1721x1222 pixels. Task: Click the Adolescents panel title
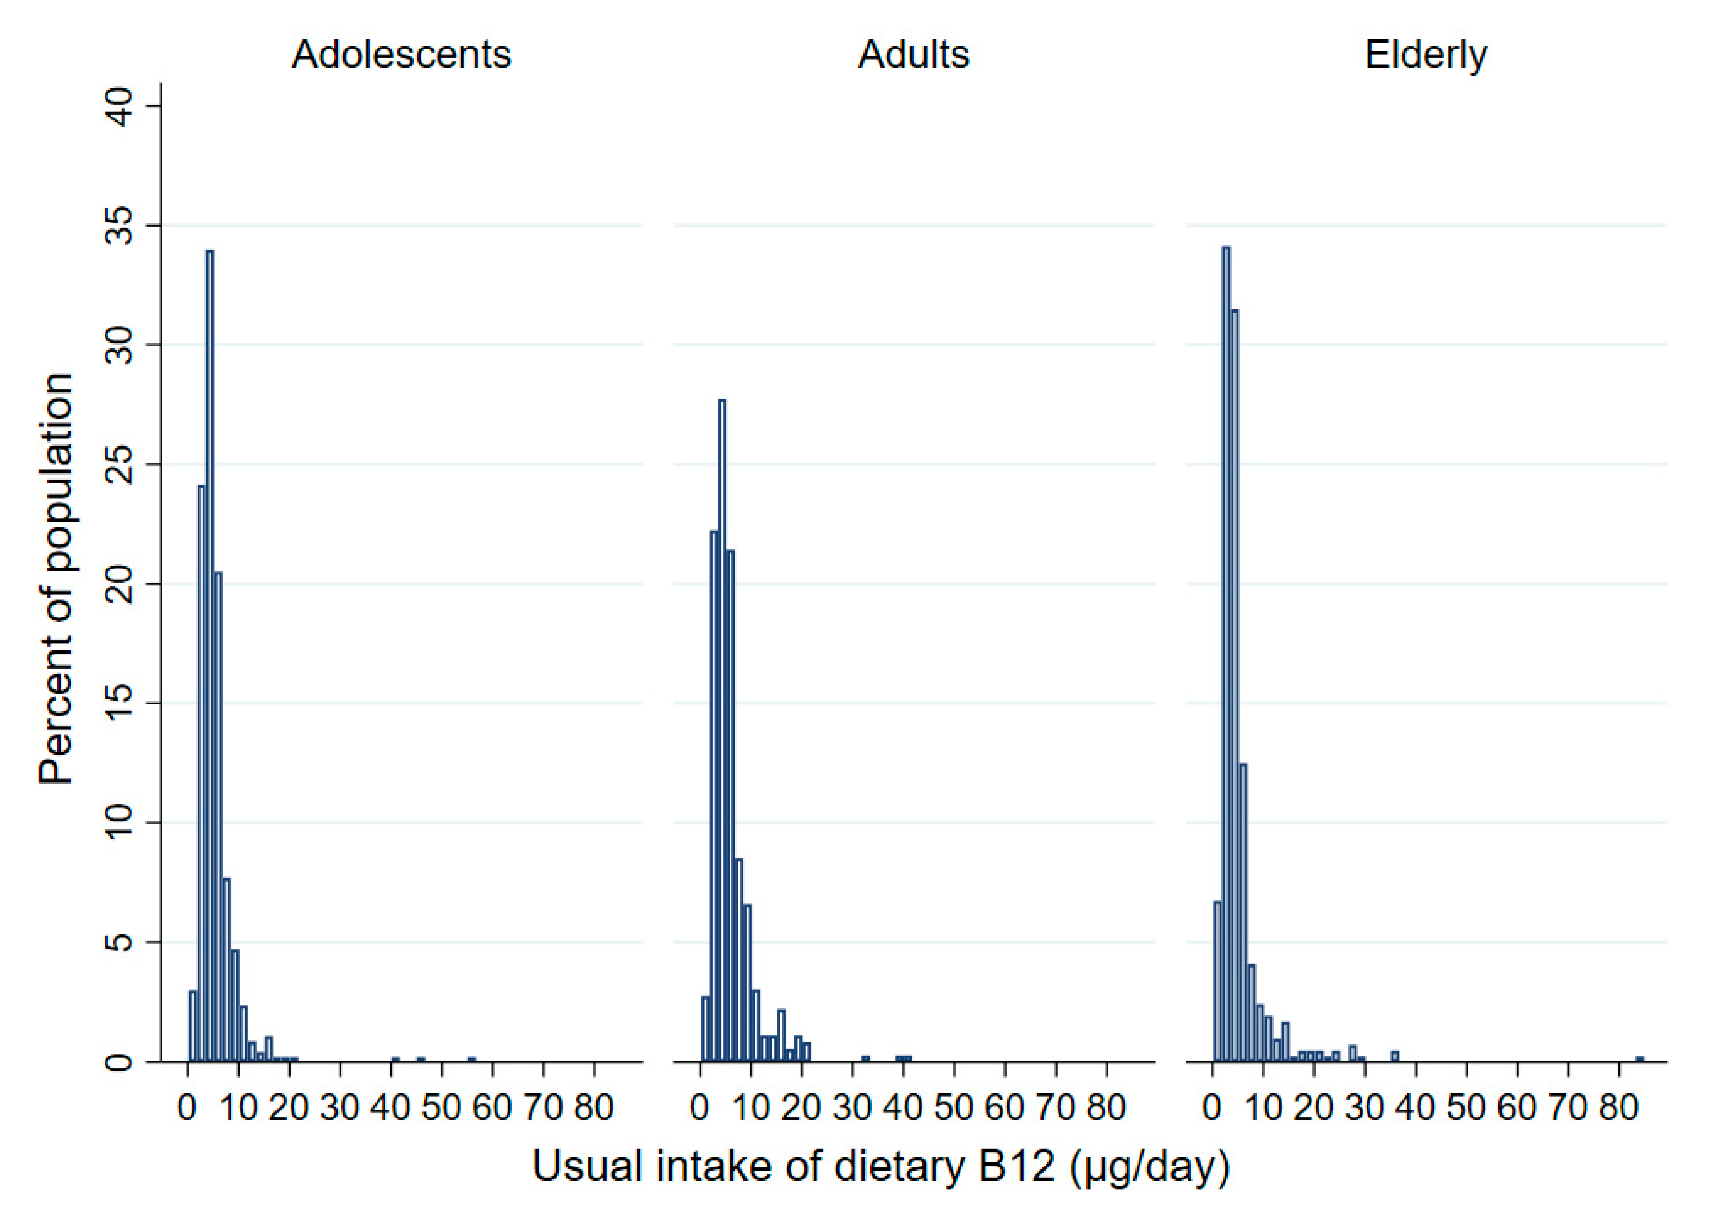point(401,54)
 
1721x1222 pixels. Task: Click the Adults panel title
point(914,54)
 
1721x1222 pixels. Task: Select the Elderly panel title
point(1426,54)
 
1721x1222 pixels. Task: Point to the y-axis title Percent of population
point(56,580)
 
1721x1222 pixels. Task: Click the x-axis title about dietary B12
point(880,1167)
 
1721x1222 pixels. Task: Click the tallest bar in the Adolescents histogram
point(209,654)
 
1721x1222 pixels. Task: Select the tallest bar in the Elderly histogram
point(1226,654)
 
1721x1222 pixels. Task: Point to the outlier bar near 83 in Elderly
point(1640,1059)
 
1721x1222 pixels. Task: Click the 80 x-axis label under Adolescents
point(594,1108)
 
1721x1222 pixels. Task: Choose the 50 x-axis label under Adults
point(954,1108)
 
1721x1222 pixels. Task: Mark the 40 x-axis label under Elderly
point(1416,1108)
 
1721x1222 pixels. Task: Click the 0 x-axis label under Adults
point(700,1108)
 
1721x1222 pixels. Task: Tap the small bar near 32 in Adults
point(866,1059)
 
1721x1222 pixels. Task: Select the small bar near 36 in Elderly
point(1394,1056)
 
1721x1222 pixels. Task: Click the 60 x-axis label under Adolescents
point(492,1108)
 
